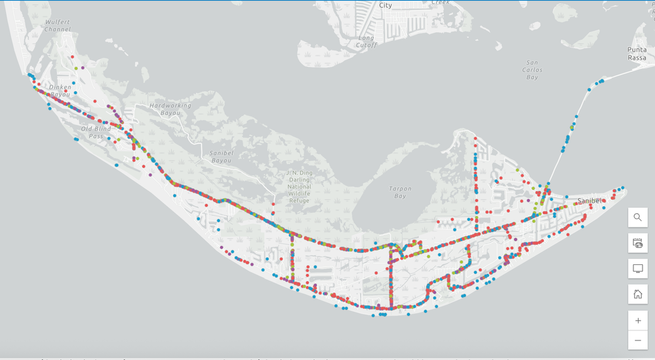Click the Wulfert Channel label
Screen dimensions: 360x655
[57, 26]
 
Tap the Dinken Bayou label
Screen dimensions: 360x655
[60, 91]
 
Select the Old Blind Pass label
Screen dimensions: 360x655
[96, 132]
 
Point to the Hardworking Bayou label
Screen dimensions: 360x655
[170, 109]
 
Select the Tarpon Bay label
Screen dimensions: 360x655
[399, 192]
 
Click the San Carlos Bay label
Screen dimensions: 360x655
[532, 70]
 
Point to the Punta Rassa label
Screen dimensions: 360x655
[637, 54]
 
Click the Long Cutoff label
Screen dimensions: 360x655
[367, 41]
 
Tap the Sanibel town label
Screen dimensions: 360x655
[589, 201]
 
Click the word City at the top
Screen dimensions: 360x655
[386, 5]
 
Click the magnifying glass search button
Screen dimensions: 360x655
[637, 218]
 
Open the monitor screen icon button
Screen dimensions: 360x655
[637, 269]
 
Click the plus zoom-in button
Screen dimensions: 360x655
[637, 321]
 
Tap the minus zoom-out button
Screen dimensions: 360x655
[637, 340]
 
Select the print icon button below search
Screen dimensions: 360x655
[637, 243]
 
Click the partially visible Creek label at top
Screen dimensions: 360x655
[441, 3]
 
